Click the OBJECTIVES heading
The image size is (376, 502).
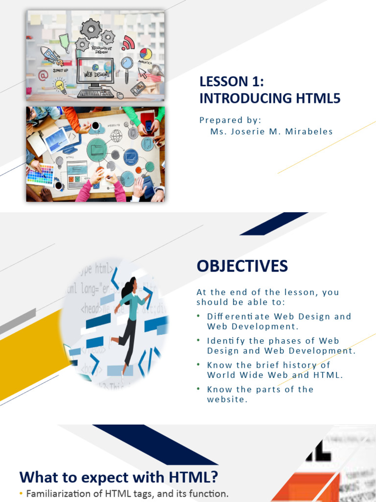242,266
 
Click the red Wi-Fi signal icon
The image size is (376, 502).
129,43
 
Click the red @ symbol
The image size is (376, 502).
43,75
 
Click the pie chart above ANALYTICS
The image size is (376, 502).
145,53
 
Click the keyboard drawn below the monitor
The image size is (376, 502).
96,93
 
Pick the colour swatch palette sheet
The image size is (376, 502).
40,174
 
